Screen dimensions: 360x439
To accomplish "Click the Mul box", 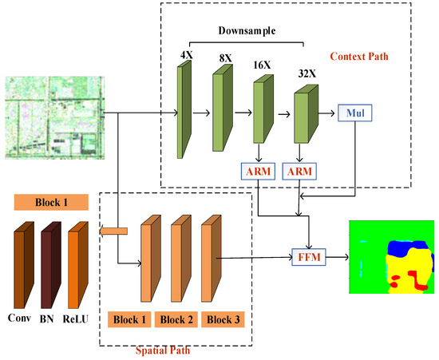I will coord(355,114).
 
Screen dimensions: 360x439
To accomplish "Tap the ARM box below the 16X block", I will coord(256,170).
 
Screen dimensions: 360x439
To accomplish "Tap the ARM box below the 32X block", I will coord(301,170).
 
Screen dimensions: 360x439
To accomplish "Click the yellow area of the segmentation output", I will coord(403,279).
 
